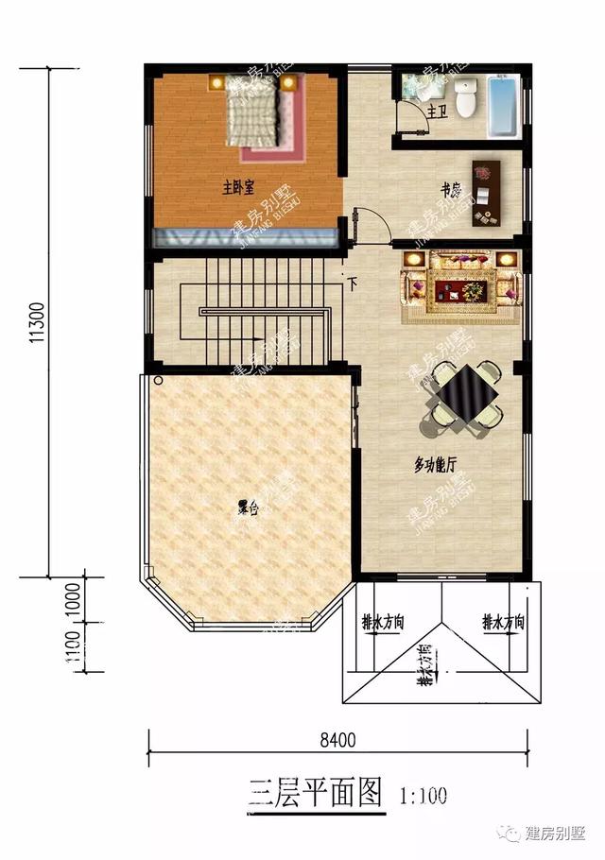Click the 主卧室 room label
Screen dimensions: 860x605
coord(243,187)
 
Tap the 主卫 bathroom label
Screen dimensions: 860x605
coord(436,112)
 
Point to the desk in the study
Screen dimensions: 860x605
coord(487,185)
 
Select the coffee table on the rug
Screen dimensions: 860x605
coord(461,284)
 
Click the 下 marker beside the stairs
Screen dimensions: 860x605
coord(352,283)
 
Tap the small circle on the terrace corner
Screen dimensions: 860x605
coord(159,382)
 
